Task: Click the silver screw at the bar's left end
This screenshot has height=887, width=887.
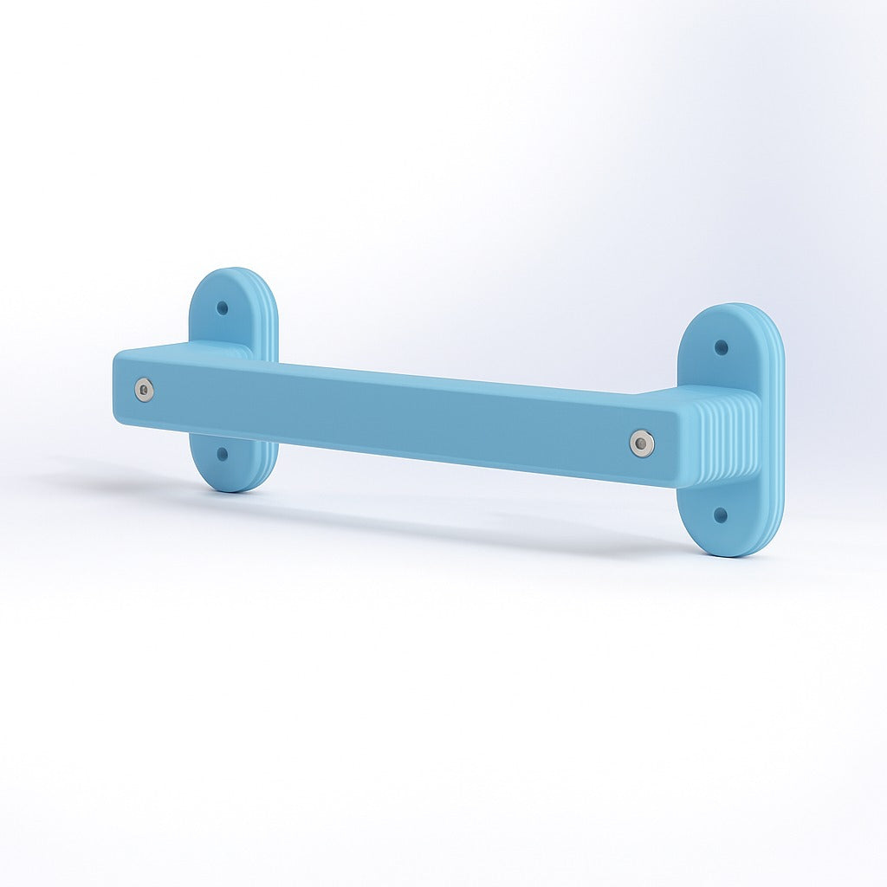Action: coord(145,390)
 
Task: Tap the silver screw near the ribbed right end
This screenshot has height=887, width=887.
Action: coord(642,443)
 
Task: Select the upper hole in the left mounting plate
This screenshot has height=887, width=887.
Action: coord(223,308)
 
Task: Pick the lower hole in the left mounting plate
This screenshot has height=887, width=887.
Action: coord(223,453)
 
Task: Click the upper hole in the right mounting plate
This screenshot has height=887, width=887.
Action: coord(721,347)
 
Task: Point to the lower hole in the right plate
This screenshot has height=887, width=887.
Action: coord(720,515)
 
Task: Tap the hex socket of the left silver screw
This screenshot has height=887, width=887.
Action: coord(145,390)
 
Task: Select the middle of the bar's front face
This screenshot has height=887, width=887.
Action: coord(390,416)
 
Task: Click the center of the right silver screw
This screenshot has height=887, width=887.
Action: coord(642,443)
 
